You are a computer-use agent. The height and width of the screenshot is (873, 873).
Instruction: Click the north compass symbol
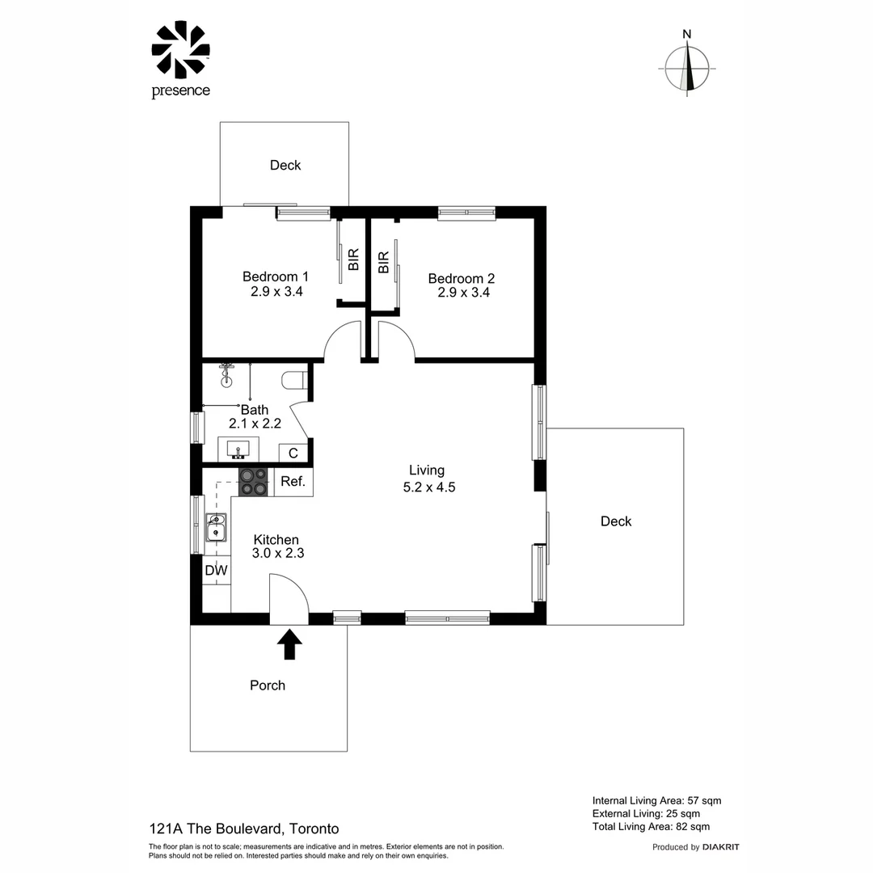687,69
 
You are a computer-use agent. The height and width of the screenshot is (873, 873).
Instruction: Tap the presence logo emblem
180,50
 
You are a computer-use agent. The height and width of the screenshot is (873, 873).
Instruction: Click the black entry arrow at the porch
289,645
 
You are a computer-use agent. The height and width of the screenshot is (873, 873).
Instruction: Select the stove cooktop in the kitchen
253,482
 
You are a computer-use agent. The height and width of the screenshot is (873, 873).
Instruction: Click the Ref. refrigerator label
293,482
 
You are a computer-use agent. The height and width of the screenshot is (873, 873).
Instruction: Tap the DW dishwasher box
216,570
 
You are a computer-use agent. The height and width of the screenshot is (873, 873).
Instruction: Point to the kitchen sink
216,526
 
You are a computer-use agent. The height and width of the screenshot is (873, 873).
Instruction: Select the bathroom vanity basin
238,448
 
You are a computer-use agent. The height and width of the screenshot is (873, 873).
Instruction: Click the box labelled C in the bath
293,453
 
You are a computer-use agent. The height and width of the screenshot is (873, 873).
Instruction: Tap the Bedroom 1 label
276,276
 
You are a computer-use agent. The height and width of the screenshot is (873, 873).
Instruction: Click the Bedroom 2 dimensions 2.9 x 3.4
463,293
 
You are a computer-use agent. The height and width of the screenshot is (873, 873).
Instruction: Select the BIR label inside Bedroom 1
353,259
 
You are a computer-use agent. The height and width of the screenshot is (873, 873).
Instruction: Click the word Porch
268,685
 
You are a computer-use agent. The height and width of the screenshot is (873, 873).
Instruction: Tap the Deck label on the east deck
616,521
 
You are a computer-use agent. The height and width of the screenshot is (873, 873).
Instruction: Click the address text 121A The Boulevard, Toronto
244,829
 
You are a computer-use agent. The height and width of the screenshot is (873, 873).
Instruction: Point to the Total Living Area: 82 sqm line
651,826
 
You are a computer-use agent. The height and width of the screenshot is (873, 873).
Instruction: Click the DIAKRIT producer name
720,847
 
